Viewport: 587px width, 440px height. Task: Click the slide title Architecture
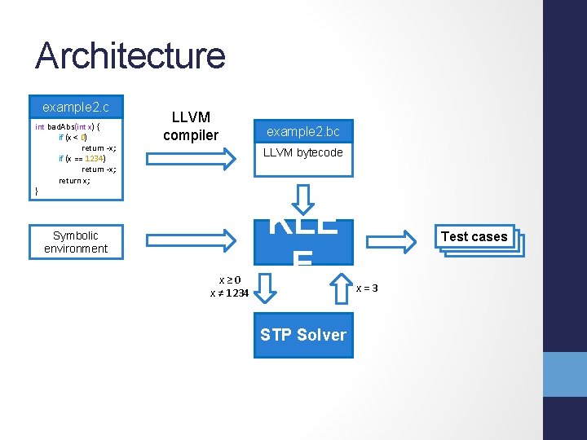(x=130, y=55)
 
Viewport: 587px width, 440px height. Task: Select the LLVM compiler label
(x=191, y=126)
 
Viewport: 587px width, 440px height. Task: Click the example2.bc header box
(x=303, y=131)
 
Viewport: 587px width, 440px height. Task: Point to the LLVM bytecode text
(x=303, y=152)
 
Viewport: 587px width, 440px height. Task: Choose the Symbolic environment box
(x=76, y=242)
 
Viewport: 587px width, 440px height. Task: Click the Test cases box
(x=474, y=236)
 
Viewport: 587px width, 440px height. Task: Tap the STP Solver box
(x=303, y=335)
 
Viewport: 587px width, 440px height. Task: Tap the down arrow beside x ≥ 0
(x=267, y=286)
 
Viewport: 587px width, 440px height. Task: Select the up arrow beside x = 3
(x=340, y=286)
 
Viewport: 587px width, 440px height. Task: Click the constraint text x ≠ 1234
(x=229, y=293)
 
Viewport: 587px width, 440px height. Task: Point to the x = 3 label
(x=368, y=288)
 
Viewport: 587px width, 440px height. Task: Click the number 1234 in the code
(x=95, y=158)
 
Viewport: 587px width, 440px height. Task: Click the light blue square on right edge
(x=565, y=374)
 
